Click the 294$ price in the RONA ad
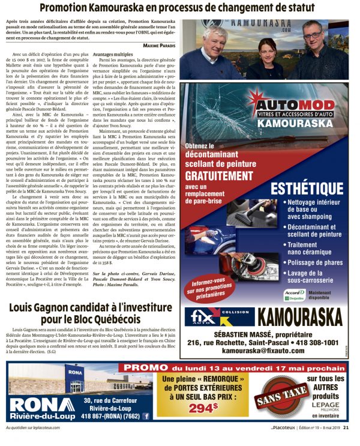click(203, 408)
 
